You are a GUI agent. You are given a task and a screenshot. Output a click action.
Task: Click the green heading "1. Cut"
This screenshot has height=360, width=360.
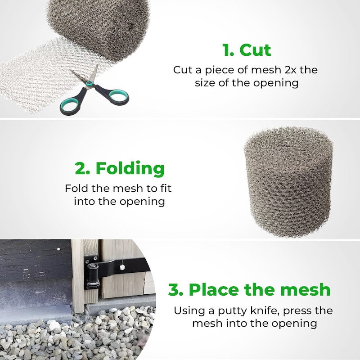[x=247, y=50]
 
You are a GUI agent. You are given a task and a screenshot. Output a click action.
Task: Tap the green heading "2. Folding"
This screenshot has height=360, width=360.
[x=120, y=168]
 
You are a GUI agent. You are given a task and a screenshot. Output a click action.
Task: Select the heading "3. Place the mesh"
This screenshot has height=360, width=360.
[x=249, y=289]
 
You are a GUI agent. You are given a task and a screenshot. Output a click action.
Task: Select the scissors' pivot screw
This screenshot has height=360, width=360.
[x=89, y=83]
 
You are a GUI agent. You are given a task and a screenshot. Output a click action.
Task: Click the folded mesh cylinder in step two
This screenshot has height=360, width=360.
[x=288, y=181]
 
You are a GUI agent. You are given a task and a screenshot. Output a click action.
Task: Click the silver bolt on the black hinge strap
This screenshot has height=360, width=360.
[x=121, y=267]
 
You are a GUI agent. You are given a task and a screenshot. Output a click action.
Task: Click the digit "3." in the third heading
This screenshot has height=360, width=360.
[x=175, y=290]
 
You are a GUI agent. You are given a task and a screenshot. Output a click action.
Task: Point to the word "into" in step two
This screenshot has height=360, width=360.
[x=85, y=201]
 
